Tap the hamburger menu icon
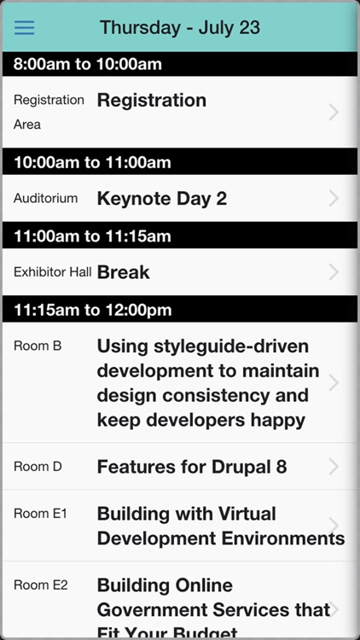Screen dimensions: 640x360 [x=25, y=27]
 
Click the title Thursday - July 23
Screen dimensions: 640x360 [x=180, y=27]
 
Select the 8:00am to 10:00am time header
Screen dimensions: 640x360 [x=88, y=64]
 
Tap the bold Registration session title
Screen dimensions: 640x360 [x=152, y=101]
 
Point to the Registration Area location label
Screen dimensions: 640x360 [x=49, y=112]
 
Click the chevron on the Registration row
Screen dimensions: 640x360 [x=334, y=112]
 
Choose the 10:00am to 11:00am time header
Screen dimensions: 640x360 [x=92, y=162]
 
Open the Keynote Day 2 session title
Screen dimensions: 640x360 [x=162, y=199]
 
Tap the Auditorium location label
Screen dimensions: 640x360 [x=46, y=199]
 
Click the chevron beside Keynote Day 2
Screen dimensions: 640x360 [x=334, y=199]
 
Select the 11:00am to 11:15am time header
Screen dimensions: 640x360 [x=92, y=236]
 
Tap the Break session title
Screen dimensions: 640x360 [x=124, y=273]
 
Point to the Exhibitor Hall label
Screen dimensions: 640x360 [x=53, y=272]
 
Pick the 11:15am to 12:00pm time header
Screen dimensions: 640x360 [x=92, y=310]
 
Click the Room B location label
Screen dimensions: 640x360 [x=38, y=346]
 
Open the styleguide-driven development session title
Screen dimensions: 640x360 [x=207, y=383]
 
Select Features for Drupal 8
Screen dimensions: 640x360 [x=192, y=467]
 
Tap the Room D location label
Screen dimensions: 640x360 [x=38, y=467]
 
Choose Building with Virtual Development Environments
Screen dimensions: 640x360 [x=220, y=526]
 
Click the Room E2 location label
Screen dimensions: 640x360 [x=41, y=585]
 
